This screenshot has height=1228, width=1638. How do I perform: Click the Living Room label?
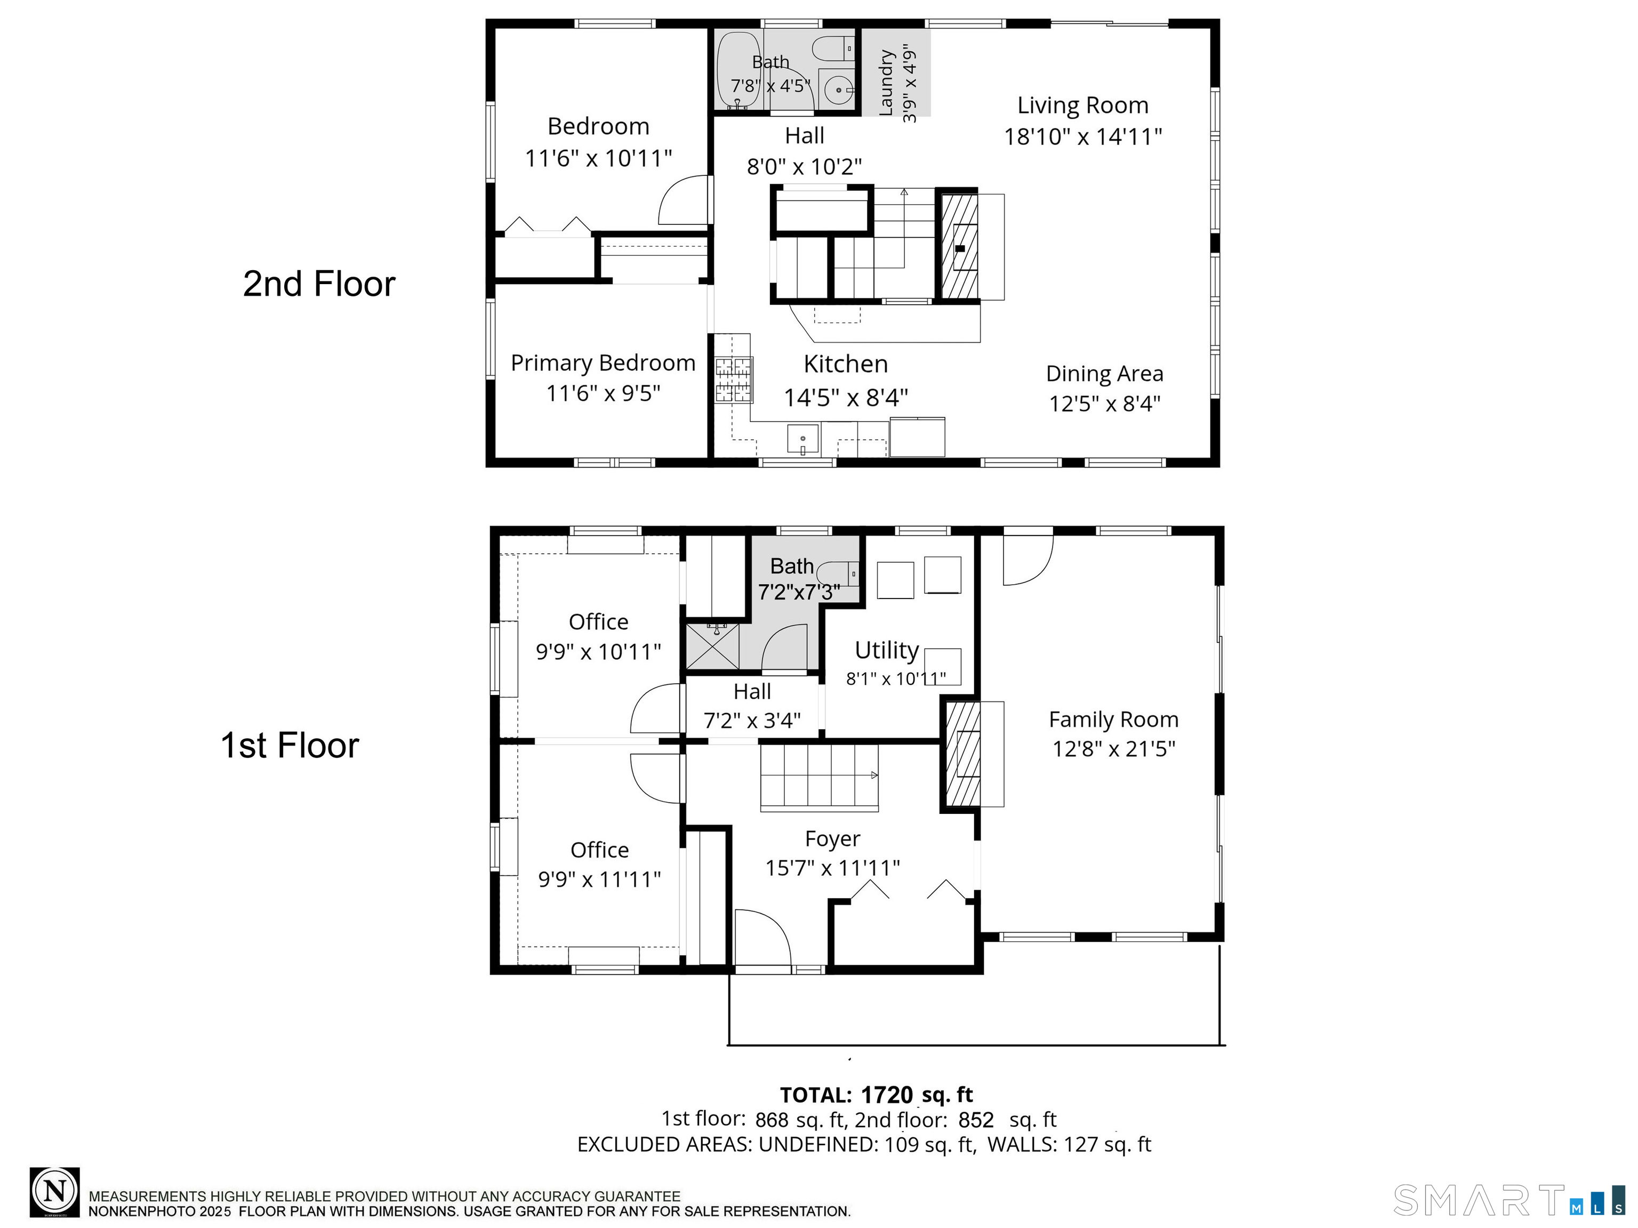(1082, 106)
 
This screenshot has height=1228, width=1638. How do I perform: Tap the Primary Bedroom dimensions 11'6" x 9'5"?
(603, 393)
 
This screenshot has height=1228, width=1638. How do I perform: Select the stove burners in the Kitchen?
(733, 379)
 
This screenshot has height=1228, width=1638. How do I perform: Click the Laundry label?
(886, 83)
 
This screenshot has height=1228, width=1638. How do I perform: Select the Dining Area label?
(1104, 374)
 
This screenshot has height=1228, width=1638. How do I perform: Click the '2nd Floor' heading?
(319, 284)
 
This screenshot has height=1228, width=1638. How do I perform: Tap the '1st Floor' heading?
(290, 746)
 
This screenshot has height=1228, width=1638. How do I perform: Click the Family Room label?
(1113, 720)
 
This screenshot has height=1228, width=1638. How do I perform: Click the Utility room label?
(886, 650)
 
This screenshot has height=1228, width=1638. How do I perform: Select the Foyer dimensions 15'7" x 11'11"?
(832, 868)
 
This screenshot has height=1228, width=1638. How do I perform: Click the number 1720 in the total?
(886, 1095)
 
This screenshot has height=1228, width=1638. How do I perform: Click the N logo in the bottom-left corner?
(55, 1192)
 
